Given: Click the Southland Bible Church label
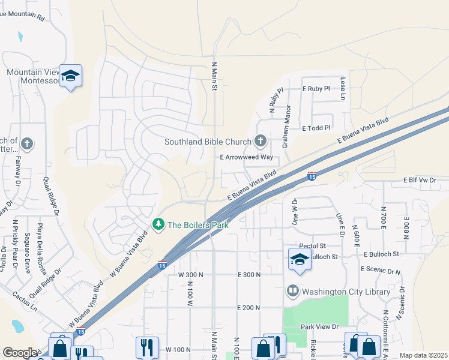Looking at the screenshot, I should coord(208,142).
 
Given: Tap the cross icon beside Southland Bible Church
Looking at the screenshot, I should coord(260,141).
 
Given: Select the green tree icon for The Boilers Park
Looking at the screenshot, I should coord(158,224).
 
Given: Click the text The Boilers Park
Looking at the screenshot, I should coord(197,225).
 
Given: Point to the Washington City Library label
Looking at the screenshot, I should coord(346,292).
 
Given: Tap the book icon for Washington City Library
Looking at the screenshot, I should coord(293,291).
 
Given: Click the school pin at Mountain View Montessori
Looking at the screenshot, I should coord(71,76).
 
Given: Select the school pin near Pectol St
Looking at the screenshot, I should coord(299,259).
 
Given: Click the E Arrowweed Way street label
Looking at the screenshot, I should coord(246,157).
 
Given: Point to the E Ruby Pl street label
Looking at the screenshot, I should coord(316,89).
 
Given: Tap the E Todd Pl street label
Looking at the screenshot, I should coord(316,128).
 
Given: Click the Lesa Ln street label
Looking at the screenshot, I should coord(343,88).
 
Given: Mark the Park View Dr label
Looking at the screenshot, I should coord(320,327).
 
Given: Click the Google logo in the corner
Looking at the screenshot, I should coord(20,353).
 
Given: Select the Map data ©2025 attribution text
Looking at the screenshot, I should coord(423,355).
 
